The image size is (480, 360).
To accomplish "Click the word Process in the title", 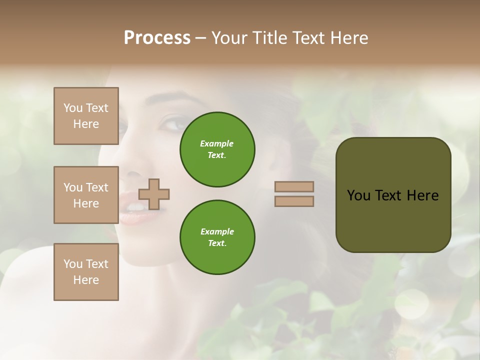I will (x=157, y=38).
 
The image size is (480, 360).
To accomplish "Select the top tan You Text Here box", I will (x=86, y=116).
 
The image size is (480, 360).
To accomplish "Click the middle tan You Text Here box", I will (x=86, y=195).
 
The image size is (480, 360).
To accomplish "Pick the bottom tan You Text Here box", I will (x=86, y=272).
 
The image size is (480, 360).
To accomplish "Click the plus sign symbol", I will (x=154, y=194).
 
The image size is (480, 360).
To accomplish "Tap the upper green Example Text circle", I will (x=217, y=149).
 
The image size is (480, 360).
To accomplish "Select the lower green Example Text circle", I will (x=217, y=237).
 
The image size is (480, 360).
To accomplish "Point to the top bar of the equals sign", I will (x=294, y=186).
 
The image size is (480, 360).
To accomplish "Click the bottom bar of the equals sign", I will (x=294, y=201).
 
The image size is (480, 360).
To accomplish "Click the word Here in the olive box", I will (x=422, y=195).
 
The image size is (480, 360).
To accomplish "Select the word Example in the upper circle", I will (x=217, y=143).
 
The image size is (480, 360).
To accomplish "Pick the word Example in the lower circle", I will (x=217, y=231).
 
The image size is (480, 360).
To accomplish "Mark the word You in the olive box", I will (x=359, y=195).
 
